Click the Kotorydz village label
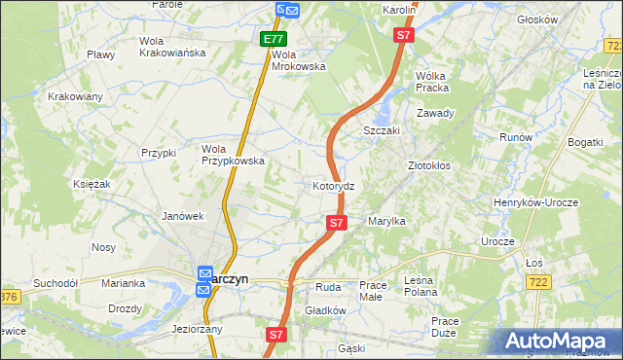point(340,185)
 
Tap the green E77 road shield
point(274,40)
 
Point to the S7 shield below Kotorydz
point(336,223)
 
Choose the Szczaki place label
point(383,130)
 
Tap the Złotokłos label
point(428,166)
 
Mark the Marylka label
point(386,222)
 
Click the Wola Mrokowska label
point(298,60)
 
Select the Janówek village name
point(182,216)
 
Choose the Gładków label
point(326,310)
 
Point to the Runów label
point(515,137)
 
